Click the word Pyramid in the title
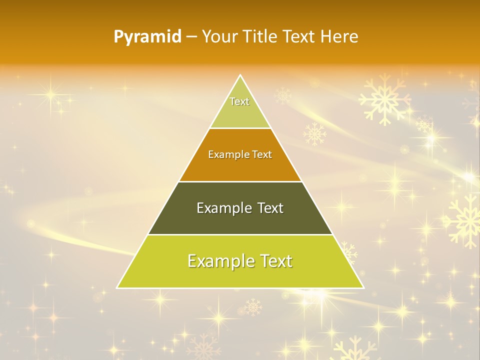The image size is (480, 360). [x=147, y=37]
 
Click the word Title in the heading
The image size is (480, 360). [x=260, y=36]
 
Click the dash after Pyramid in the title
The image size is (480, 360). [x=191, y=37]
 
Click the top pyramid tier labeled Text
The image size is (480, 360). [x=240, y=107]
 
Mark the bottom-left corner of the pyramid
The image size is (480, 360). [x=118, y=287]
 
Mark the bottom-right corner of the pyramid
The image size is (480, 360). [x=363, y=287]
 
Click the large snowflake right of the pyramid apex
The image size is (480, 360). [x=384, y=99]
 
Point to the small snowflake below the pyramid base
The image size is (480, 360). [x=253, y=306]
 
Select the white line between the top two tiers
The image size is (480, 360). [x=240, y=128]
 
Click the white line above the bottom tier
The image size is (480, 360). [x=240, y=234]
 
